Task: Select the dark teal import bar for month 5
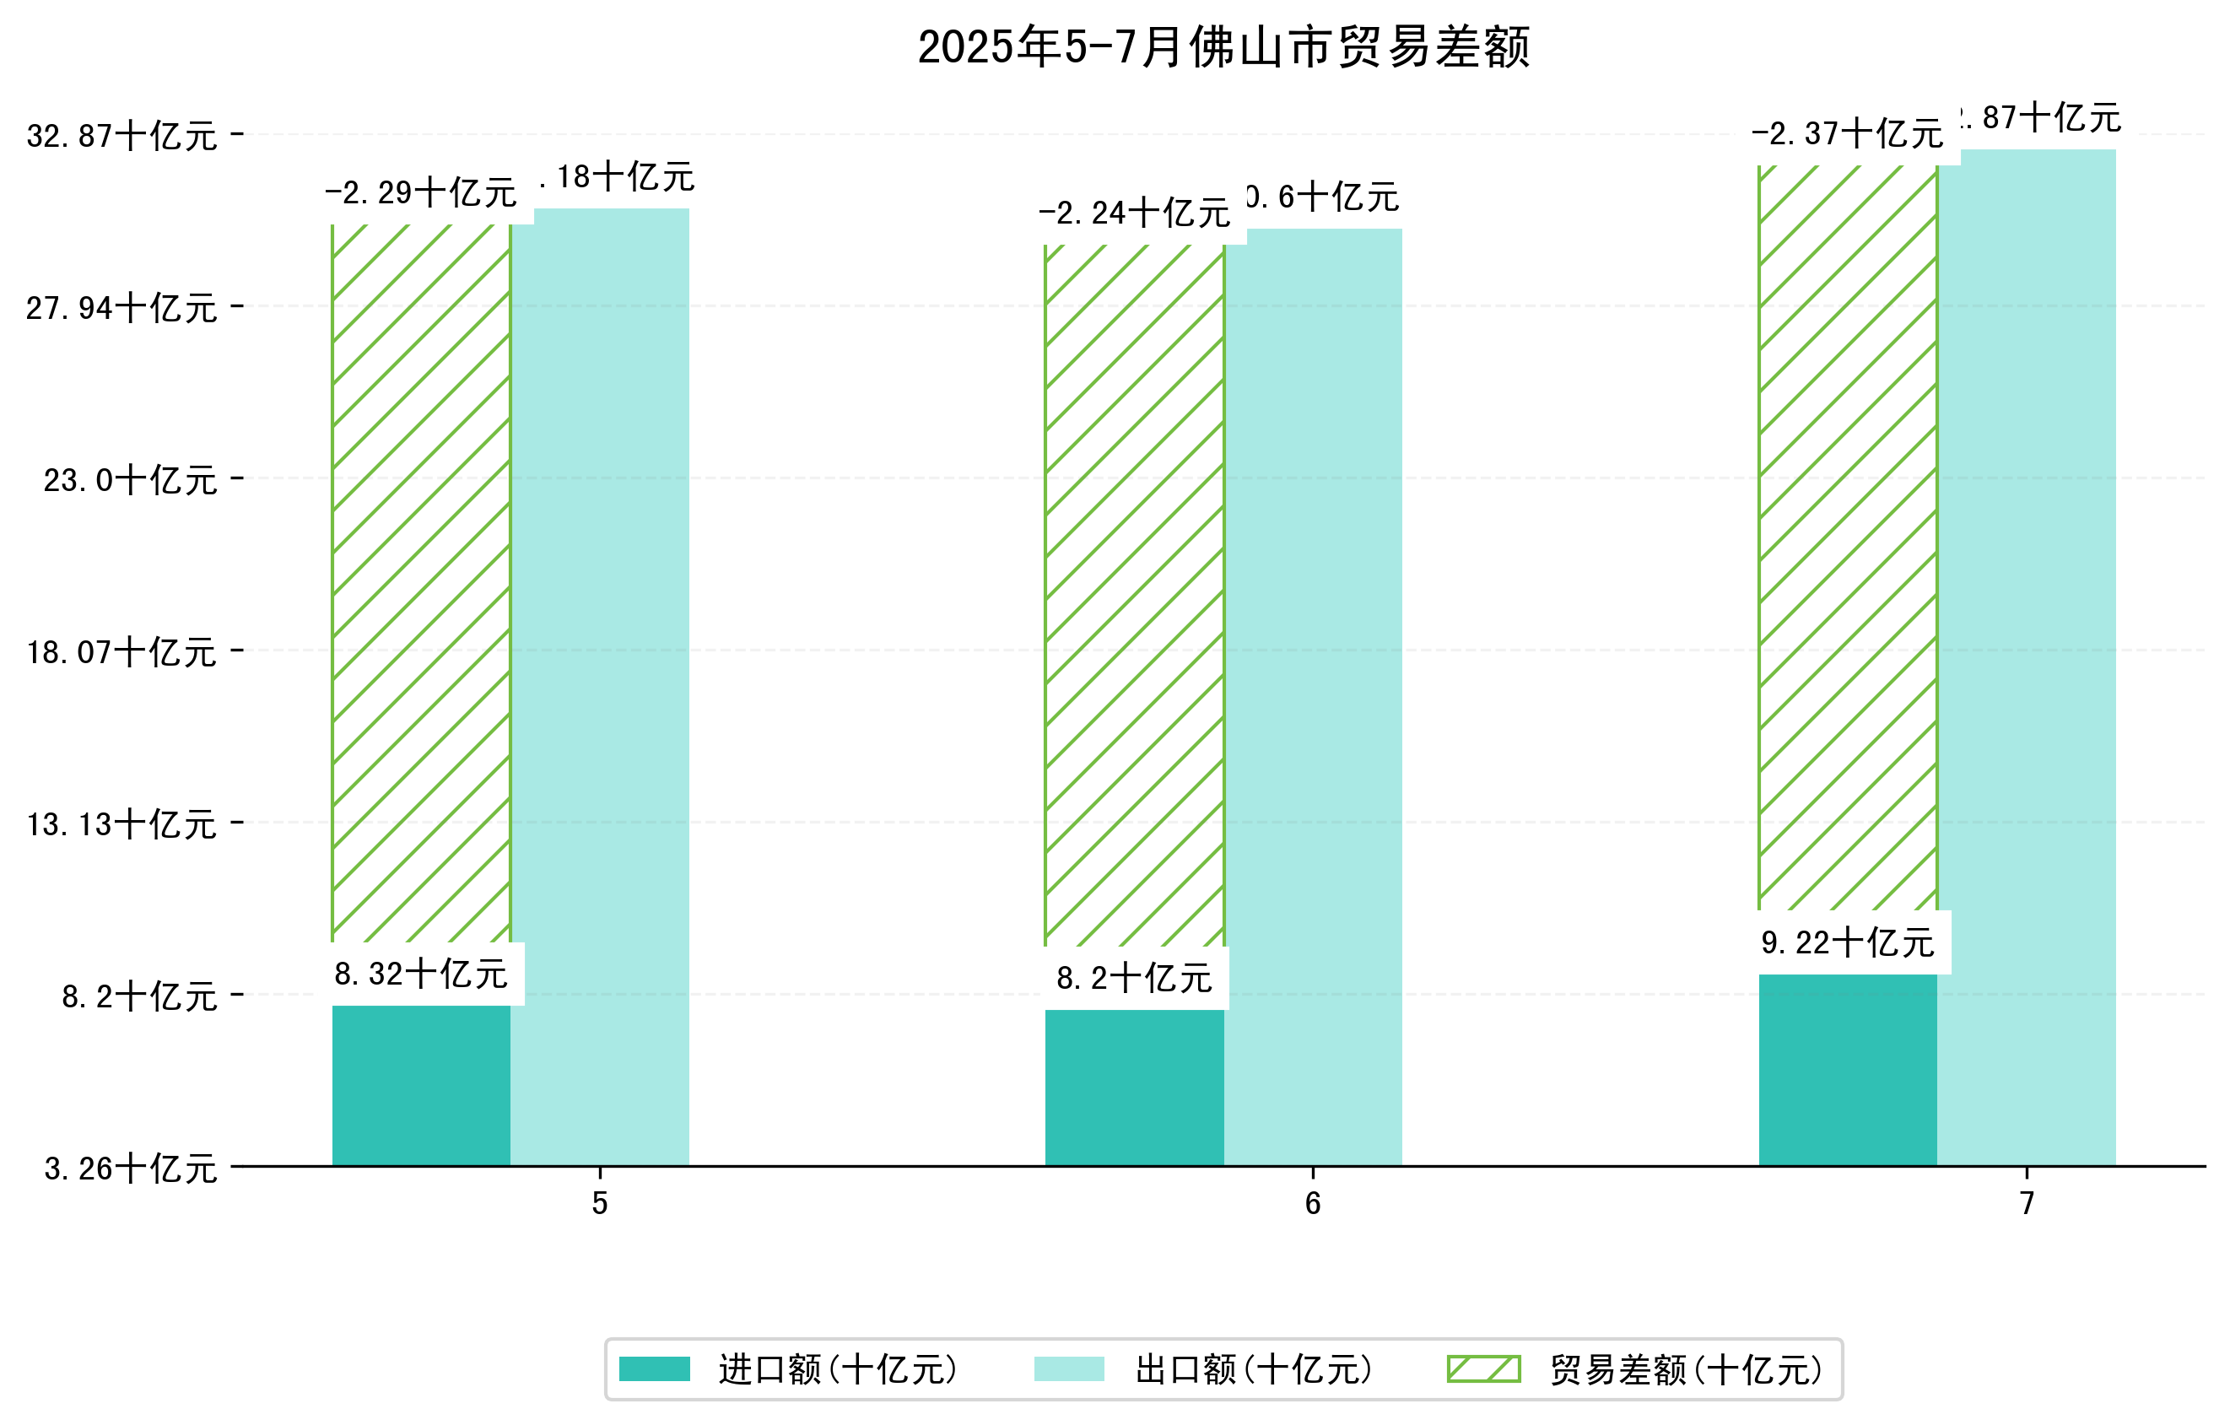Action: point(421,1085)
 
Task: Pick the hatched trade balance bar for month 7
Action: point(1848,537)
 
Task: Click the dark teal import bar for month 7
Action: point(1848,1070)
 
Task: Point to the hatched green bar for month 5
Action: point(421,583)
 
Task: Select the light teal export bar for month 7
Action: point(2027,657)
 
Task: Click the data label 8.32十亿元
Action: point(421,974)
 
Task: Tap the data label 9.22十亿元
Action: point(1848,942)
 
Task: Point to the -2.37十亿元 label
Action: point(1848,134)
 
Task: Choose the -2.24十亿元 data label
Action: point(1135,213)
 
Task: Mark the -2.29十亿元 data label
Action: point(421,192)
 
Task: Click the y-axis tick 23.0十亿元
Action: point(130,479)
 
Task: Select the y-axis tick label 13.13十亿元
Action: point(121,824)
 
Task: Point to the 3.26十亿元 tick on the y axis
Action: point(130,1169)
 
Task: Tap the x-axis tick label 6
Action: point(1312,1204)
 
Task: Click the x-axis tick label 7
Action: point(2027,1204)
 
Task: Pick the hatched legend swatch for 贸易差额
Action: point(1483,1368)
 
